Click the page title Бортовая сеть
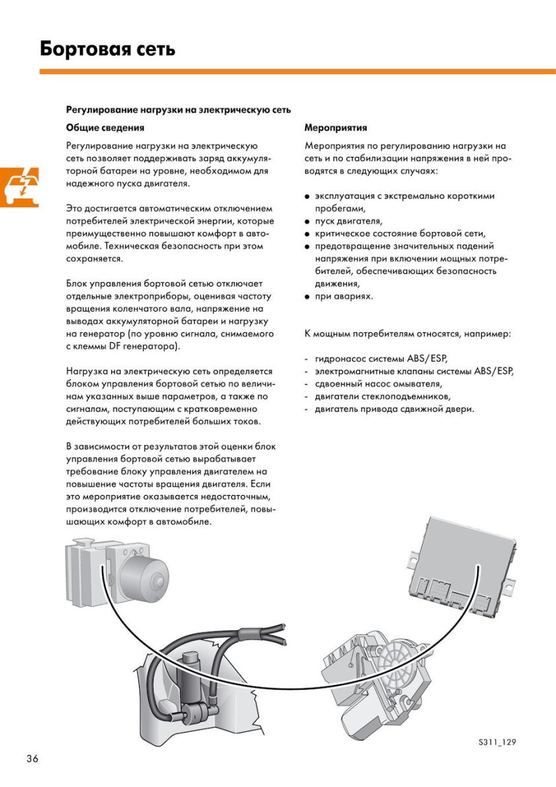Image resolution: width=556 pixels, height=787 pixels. coord(107,49)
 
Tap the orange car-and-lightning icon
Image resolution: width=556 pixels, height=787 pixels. coord(19,187)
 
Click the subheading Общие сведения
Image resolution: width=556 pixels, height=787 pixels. coord(105,127)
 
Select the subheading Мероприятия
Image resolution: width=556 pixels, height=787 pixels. coord(336,127)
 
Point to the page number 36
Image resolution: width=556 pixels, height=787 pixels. coord(32,758)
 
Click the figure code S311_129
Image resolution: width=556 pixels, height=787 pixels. coord(496,741)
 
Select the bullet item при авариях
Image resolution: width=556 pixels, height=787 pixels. coord(344,296)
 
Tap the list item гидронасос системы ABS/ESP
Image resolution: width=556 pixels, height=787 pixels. coord(381,359)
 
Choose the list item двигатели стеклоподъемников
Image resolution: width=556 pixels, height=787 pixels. coord(383,396)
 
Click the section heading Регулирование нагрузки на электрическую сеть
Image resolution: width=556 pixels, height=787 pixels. coord(178,109)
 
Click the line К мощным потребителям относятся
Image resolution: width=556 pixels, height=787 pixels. coord(407,334)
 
